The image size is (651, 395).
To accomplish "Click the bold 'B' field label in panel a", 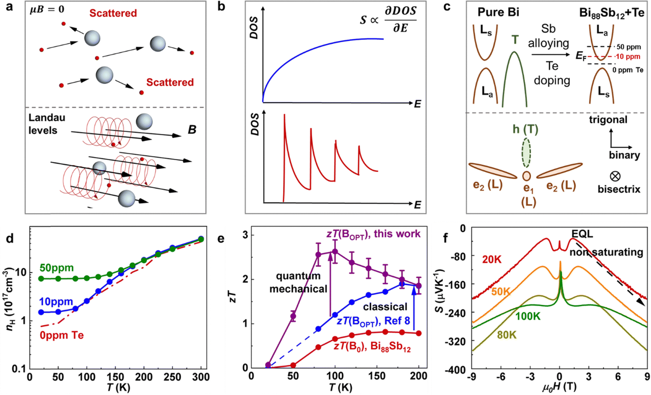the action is click(x=192, y=130).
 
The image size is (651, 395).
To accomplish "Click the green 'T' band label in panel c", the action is click(x=515, y=40).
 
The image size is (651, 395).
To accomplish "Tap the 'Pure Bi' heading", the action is click(x=498, y=12).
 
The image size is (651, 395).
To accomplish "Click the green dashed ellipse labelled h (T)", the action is click(x=526, y=152).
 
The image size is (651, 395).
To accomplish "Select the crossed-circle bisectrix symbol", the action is click(x=615, y=176).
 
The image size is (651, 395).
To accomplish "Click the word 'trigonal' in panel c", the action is click(x=608, y=120).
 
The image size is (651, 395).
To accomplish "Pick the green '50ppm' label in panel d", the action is click(x=57, y=268).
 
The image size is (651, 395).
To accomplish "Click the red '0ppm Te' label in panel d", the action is click(x=62, y=335).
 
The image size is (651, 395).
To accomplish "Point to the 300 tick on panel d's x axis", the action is click(x=201, y=377).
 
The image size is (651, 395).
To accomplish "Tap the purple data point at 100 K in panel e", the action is click(x=335, y=252).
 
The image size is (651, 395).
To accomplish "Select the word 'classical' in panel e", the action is click(x=385, y=307).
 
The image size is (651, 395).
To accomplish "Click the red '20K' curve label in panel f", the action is click(x=492, y=260).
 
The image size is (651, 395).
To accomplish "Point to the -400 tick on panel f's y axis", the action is click(x=455, y=370).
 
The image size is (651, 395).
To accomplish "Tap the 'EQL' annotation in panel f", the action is click(x=583, y=234).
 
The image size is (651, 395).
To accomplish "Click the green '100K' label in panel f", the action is click(x=528, y=316).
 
